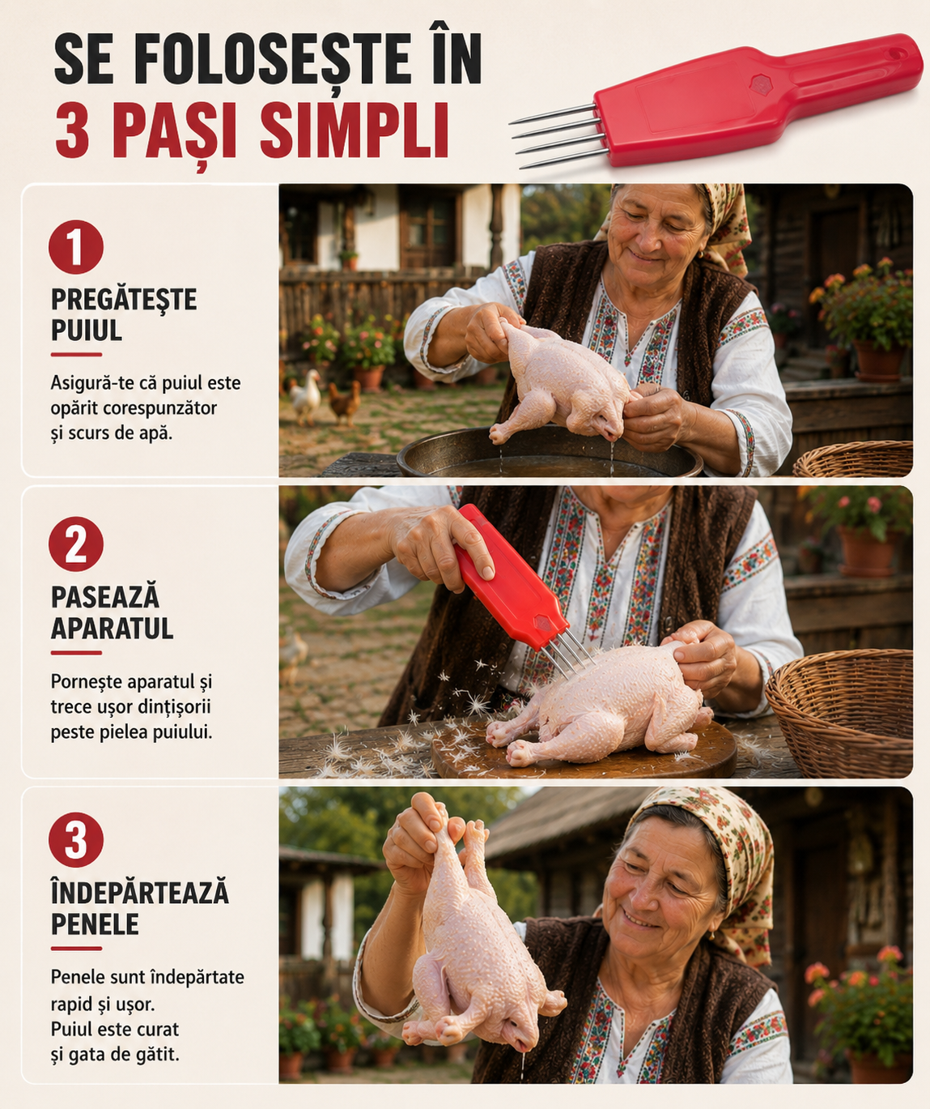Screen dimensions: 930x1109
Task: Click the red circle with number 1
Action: coord(76,247)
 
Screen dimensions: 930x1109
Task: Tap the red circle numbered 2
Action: coord(76,544)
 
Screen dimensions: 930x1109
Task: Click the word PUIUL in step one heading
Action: coord(87,331)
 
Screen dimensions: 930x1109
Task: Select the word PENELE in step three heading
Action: coord(95,924)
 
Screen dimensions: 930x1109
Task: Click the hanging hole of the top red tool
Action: coord(898,53)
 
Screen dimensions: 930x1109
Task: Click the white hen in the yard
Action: coord(306,395)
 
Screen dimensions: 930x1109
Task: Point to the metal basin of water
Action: coord(550,454)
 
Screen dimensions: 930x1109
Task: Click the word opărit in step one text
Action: coord(74,408)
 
